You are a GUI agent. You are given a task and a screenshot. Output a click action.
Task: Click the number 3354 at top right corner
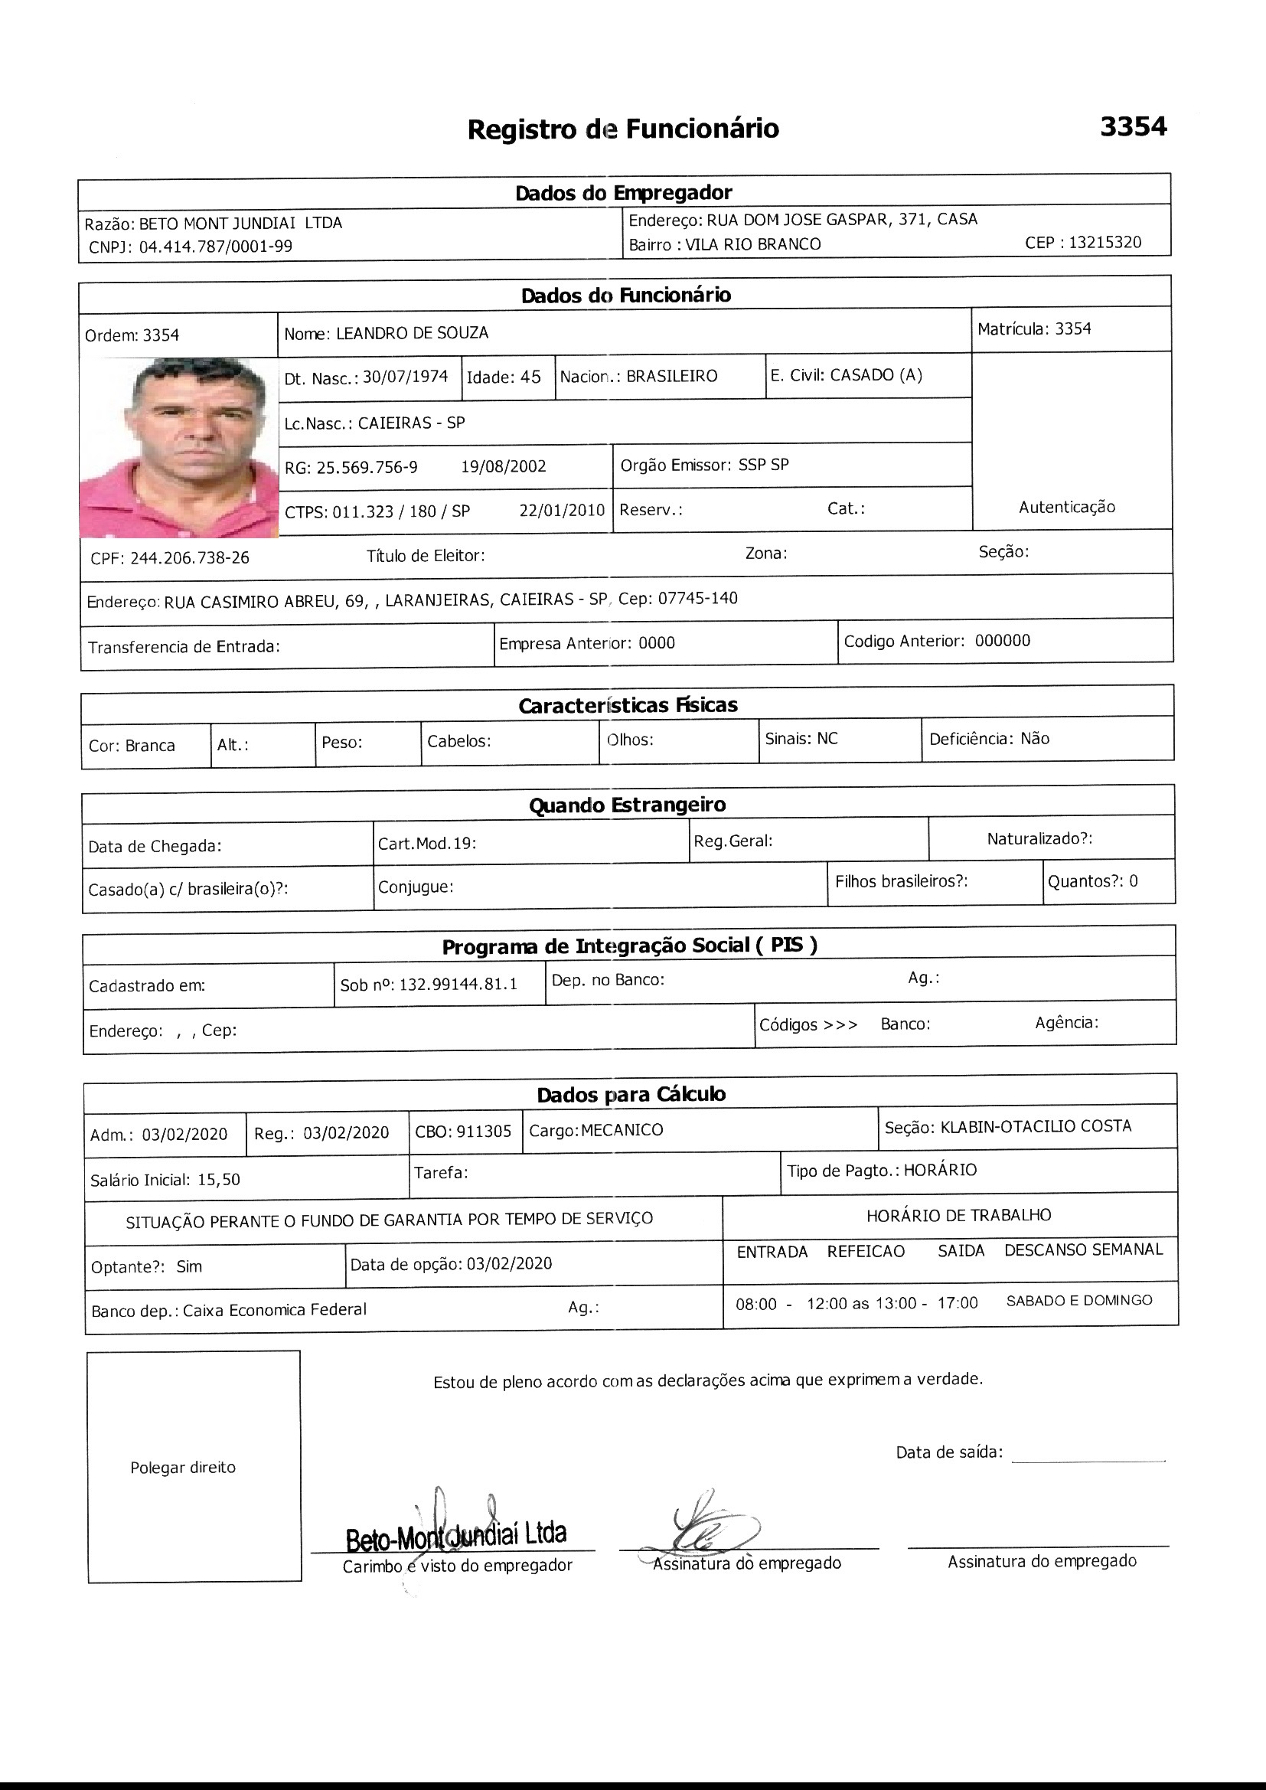click(1133, 126)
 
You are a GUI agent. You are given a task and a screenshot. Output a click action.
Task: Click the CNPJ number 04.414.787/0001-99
click(215, 247)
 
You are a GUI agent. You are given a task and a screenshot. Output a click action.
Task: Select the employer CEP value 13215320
click(1104, 243)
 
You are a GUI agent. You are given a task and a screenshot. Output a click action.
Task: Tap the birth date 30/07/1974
click(406, 377)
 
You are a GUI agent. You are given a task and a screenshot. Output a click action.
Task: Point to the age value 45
click(530, 377)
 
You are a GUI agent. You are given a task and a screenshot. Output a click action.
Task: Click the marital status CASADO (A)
click(876, 375)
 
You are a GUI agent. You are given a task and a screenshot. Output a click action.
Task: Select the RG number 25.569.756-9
click(367, 467)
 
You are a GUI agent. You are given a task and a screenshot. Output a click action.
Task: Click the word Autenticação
click(1066, 508)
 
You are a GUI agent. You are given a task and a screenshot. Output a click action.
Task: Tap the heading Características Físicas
click(628, 706)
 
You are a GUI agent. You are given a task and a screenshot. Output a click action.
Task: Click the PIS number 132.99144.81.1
click(458, 985)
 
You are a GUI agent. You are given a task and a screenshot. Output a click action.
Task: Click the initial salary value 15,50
click(218, 1180)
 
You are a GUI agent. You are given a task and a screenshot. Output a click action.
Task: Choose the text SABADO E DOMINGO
click(1079, 1301)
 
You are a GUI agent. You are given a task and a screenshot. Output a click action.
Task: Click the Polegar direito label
click(182, 1467)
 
